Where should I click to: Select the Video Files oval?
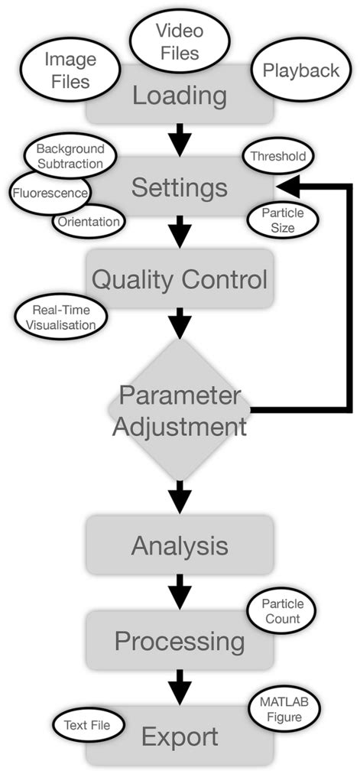[177, 42]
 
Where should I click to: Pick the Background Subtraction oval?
[70, 157]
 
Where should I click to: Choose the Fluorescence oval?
[49, 192]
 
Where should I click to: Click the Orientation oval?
[89, 223]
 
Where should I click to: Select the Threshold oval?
[278, 157]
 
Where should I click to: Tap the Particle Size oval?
[278, 220]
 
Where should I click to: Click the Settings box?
[180, 187]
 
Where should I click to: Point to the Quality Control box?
[180, 279]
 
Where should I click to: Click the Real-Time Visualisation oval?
[58, 317]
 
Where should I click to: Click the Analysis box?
[180, 546]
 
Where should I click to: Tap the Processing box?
[180, 640]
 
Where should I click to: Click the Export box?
[180, 737]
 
